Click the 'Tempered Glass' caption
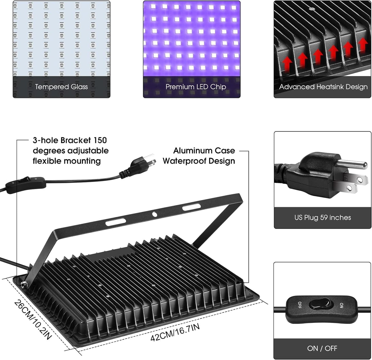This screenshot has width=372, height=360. (x=61, y=87)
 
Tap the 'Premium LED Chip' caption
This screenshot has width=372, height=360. (x=196, y=87)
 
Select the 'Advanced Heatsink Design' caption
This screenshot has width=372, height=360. (x=323, y=87)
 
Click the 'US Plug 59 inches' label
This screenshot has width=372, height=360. (x=323, y=218)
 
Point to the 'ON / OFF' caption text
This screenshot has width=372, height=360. (x=322, y=348)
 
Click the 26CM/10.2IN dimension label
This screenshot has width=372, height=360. (x=33, y=319)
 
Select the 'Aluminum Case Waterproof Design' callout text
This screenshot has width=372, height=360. (x=199, y=156)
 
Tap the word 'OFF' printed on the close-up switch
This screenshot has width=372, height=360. (x=299, y=305)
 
